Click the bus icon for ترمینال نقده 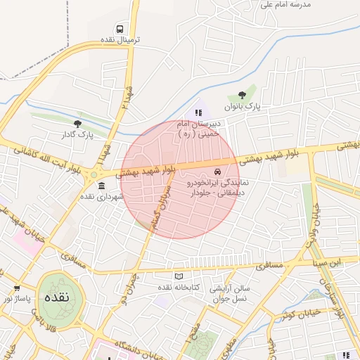[120, 29]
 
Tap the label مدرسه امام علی [285, 4]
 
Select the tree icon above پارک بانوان [242, 95]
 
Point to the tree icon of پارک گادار [77, 123]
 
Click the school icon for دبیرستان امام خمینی [198, 112]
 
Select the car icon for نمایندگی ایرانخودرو [217, 172]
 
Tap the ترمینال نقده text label [120, 40]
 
